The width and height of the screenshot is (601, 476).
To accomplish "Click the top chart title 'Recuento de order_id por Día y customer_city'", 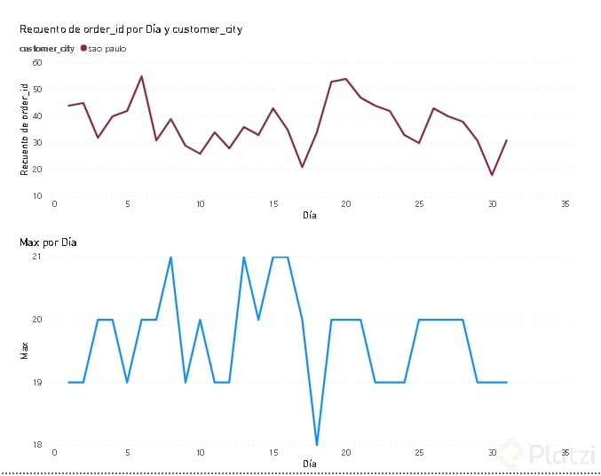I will tap(130, 29).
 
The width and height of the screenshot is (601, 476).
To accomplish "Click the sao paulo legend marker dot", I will tap(83, 48).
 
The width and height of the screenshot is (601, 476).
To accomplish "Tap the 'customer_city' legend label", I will tap(47, 48).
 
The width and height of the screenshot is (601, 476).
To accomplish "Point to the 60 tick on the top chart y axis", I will tap(36, 63).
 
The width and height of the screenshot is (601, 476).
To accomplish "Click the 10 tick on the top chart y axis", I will tap(36, 195).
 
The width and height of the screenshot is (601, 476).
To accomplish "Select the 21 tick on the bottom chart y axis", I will tap(36, 257).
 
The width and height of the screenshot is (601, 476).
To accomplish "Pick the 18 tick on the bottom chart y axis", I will tap(36, 444).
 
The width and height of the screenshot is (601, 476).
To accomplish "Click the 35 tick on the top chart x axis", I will tap(565, 205).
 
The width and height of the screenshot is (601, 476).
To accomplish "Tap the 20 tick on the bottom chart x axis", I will tap(346, 453).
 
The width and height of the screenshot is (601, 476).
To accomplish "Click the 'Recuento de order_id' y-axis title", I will tap(25, 128).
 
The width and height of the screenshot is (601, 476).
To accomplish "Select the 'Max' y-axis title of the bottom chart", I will tap(25, 352).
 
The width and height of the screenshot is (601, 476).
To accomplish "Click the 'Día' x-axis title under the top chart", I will tap(309, 215).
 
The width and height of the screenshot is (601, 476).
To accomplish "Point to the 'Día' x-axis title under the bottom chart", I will tap(309, 464).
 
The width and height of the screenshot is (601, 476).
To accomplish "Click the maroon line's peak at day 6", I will tap(142, 76).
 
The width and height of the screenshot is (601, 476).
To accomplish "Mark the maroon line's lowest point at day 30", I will tap(492, 175).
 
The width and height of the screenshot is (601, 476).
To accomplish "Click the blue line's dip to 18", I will tap(317, 444).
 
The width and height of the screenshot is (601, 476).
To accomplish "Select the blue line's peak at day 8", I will tap(170, 258).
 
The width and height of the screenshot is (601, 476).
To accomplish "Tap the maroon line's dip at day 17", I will tap(302, 167).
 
